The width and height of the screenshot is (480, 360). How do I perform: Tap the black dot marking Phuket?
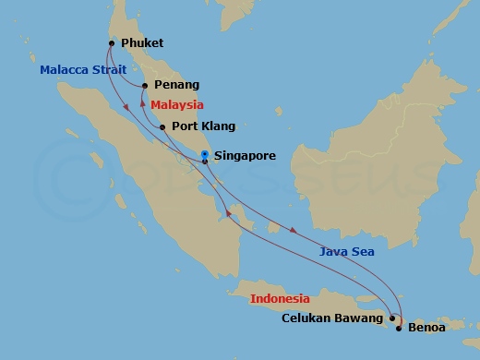click(x=111, y=42)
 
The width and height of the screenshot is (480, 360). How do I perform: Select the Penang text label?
click(x=176, y=85)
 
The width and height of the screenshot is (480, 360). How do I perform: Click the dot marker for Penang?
click(x=143, y=86)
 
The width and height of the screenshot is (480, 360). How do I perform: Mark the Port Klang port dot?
click(x=162, y=127)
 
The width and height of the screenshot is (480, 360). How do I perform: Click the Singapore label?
click(x=244, y=157)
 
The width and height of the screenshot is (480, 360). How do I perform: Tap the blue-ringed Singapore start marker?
click(x=204, y=154)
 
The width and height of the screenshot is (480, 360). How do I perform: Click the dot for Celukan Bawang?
click(x=392, y=319)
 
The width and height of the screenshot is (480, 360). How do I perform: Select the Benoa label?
click(x=426, y=327)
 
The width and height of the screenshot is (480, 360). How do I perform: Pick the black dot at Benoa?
click(x=399, y=327)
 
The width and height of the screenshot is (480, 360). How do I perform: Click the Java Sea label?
click(x=347, y=250)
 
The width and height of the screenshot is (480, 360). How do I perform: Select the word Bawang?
click(x=364, y=319)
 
